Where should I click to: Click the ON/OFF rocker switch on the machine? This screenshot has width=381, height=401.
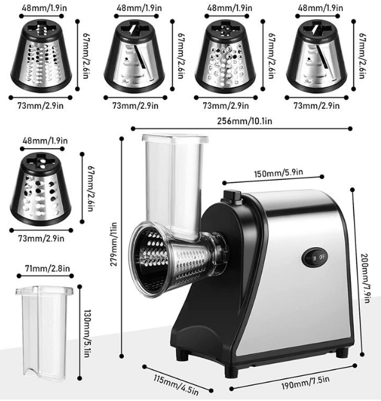[315, 257]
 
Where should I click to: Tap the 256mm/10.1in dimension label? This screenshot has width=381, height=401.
[244, 121]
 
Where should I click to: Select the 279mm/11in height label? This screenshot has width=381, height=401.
[114, 244]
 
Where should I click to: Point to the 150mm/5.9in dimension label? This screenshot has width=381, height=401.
[279, 173]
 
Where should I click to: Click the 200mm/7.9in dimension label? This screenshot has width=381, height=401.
[366, 278]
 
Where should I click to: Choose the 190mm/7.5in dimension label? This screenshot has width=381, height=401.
[305, 383]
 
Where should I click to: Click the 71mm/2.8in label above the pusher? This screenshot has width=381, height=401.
[48, 268]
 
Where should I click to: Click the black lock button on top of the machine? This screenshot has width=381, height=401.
[231, 196]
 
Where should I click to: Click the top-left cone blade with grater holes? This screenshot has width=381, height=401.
[41, 56]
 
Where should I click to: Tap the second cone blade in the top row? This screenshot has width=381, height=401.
[134, 56]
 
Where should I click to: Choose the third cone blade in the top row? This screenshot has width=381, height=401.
[226, 56]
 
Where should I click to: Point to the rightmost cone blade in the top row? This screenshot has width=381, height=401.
[317, 56]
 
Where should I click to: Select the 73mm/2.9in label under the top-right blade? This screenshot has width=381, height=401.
[317, 106]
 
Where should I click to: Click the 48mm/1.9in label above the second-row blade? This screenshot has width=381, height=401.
[45, 141]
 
